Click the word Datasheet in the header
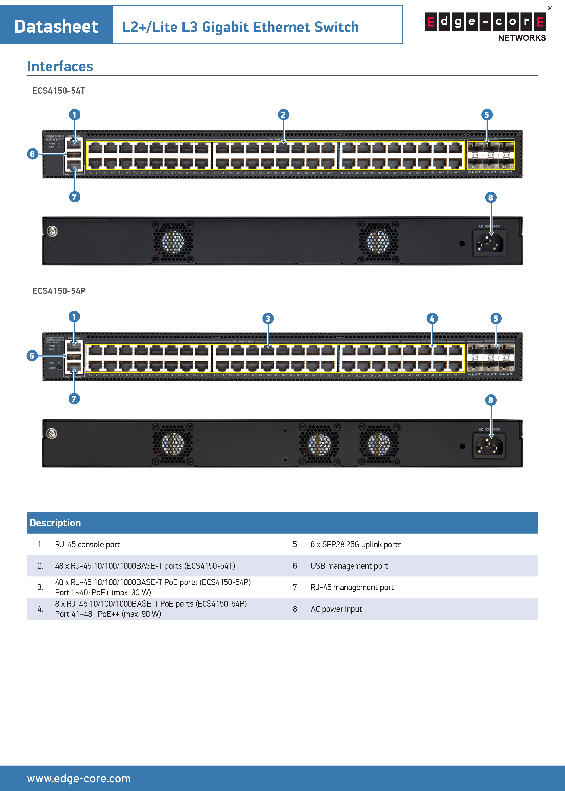click(56, 26)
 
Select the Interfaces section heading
click(60, 67)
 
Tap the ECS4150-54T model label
click(59, 91)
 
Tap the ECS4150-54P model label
click(59, 291)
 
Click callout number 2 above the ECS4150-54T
click(283, 115)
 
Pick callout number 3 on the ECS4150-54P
click(267, 318)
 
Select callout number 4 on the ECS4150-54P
click(432, 318)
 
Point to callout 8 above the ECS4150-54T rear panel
click(491, 198)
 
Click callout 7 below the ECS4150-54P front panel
click(74, 399)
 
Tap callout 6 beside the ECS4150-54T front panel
click(32, 154)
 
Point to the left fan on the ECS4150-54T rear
click(173, 242)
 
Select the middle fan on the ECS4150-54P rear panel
click(319, 445)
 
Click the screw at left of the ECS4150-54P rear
click(52, 433)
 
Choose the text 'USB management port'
click(349, 566)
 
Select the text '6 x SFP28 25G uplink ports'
click(356, 545)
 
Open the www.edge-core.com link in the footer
click(79, 778)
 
